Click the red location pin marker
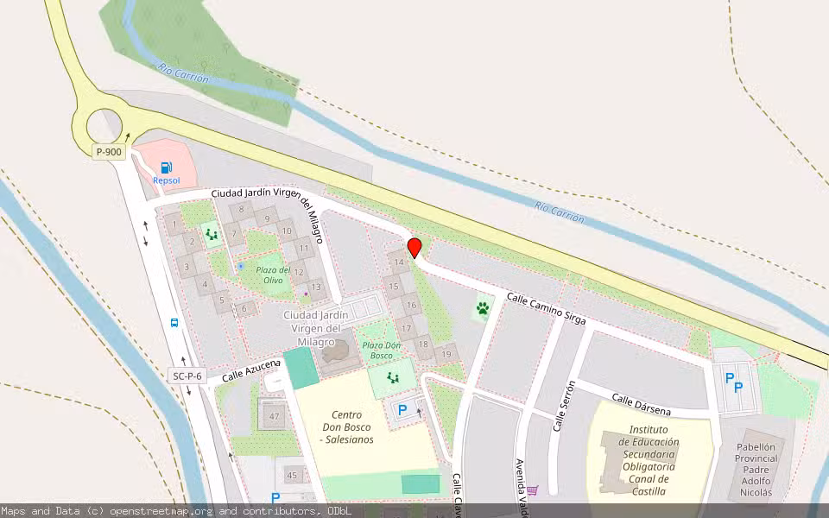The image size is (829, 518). pos(414,248)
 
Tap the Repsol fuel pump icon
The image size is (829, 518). pos(166,167)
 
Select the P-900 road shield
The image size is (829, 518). pos(110,152)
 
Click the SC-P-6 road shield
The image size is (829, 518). pos(187,376)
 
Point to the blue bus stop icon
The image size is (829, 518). pos(174,323)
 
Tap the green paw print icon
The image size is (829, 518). pos(483,307)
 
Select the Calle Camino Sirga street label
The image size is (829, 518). pos(546,309)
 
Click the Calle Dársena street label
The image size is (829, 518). pos(642,404)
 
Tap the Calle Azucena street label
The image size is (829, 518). pos(251,371)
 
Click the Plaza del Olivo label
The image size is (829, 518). pos(274,275)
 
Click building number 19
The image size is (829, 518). pos(446,354)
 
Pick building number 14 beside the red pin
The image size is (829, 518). pos(399,262)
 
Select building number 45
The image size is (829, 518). pos(292,476)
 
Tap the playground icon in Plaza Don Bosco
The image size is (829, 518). pos(393,377)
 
